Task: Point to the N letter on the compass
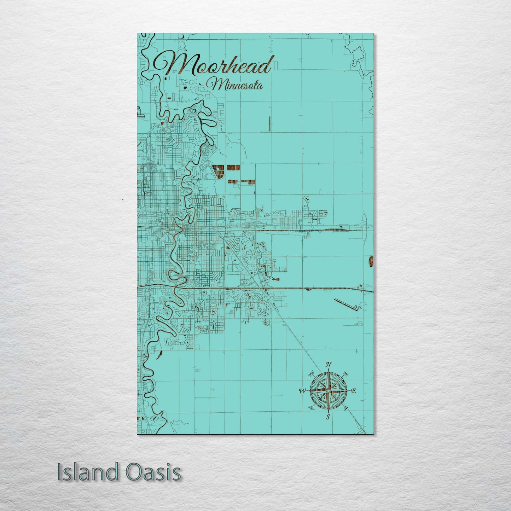[x=329, y=365]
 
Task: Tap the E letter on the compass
[x=353, y=391]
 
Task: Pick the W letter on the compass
[x=303, y=391]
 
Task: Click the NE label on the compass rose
[x=346, y=374]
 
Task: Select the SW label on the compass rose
[x=311, y=408]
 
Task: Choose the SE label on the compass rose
[x=346, y=408]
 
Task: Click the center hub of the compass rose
[x=328, y=390]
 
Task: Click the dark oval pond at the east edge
[x=371, y=261]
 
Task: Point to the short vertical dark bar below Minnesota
[x=270, y=124]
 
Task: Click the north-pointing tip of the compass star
[x=329, y=370]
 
